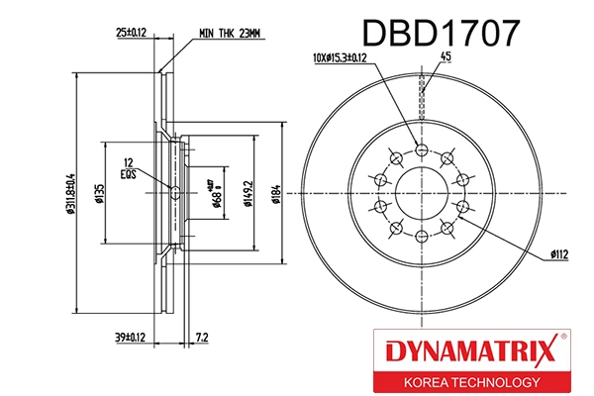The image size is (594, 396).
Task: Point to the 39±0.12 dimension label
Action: click(x=131, y=339)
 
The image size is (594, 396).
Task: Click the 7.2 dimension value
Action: click(x=202, y=339)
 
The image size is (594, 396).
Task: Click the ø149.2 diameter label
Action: click(x=247, y=193)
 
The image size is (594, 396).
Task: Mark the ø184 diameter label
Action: click(x=278, y=193)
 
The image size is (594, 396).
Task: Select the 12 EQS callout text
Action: click(x=128, y=168)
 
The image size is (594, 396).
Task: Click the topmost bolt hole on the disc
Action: click(x=423, y=149)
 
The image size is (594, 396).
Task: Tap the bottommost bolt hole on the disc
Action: click(x=423, y=235)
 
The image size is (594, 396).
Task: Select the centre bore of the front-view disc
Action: click(x=423, y=192)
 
